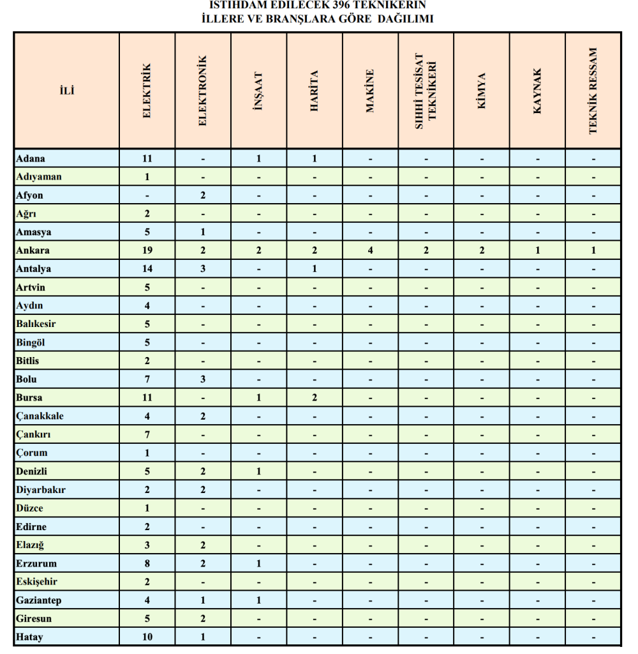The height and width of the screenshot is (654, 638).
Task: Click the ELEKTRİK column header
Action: (x=147, y=91)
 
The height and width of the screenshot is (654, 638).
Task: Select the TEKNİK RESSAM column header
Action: (x=593, y=91)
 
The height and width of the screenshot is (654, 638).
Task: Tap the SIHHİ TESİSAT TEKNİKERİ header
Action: (x=426, y=91)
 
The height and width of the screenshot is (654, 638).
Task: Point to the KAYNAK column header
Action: (x=537, y=91)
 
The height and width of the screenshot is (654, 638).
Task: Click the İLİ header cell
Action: (x=66, y=91)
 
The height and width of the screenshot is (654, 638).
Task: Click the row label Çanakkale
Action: (x=40, y=416)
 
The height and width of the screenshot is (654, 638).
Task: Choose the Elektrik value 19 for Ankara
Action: (x=147, y=250)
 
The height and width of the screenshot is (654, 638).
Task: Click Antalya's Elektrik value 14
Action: (x=147, y=269)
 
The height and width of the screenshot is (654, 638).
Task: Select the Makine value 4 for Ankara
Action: (x=370, y=250)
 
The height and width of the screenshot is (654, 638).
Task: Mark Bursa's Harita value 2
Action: (x=315, y=398)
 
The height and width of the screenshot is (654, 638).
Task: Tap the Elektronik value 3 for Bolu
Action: (x=203, y=379)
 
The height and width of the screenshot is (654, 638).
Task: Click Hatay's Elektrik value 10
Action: (x=147, y=637)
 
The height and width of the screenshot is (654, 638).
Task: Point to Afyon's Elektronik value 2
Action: (x=203, y=195)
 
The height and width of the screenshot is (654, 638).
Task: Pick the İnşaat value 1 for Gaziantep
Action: (x=258, y=600)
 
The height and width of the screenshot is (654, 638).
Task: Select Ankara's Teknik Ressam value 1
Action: (x=593, y=250)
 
